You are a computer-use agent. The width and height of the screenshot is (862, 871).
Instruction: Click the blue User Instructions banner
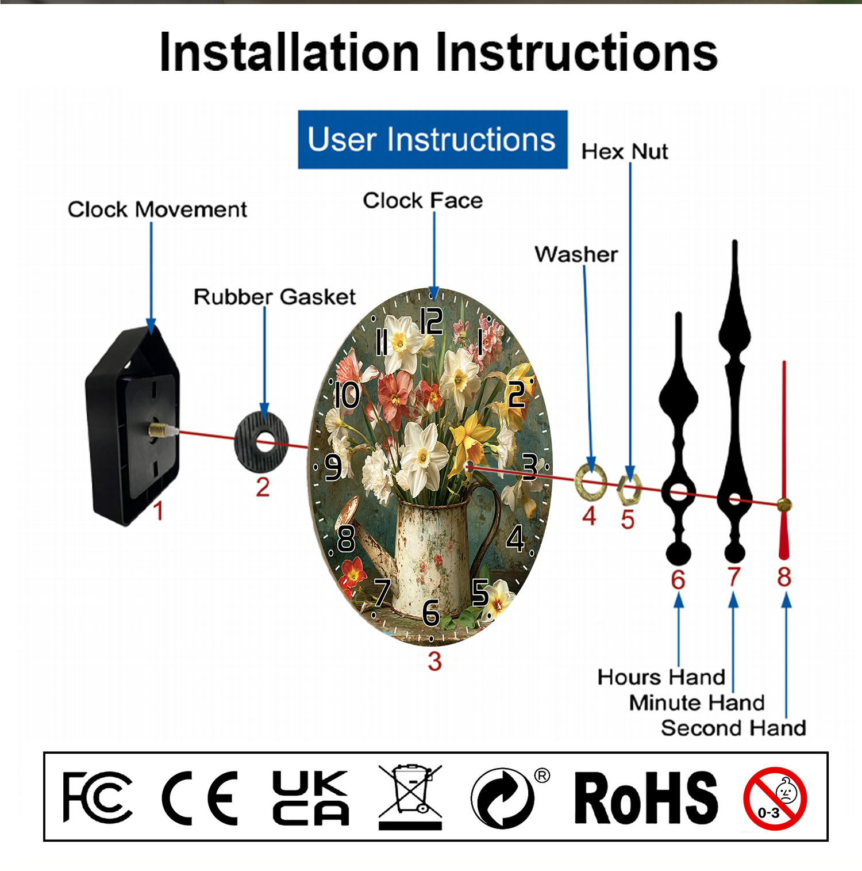coord(433,140)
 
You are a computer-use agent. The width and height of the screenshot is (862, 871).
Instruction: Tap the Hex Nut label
coord(625,152)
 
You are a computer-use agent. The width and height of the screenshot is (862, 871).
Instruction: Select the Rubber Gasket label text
coord(275,297)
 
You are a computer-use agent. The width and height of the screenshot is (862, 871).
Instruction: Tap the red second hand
coord(784,460)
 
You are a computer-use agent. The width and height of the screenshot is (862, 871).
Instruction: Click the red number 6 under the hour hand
coord(678,580)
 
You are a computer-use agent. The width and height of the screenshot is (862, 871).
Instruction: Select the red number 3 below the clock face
coord(434,662)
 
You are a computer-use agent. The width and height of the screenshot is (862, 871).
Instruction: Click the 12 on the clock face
coord(432,320)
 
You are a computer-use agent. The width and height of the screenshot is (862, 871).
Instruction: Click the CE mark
coord(199,798)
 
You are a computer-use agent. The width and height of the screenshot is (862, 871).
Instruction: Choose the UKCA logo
coord(310,798)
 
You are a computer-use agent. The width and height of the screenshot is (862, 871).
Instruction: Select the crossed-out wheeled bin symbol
coord(410,797)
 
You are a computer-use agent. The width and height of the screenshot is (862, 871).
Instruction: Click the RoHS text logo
coord(646,798)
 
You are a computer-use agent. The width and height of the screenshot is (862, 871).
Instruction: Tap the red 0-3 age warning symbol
coord(775,799)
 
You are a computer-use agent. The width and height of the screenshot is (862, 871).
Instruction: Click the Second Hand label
coord(733,728)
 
